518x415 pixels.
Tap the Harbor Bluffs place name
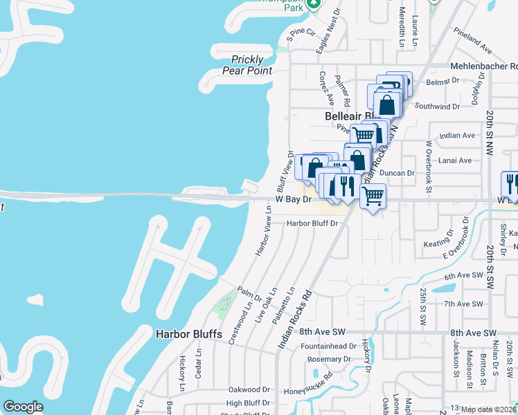(x=189, y=334)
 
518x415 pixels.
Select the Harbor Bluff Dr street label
(x=312, y=223)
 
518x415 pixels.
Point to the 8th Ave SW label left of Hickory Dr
(x=322, y=332)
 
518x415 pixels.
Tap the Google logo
(x=23, y=407)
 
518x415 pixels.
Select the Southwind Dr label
(x=437, y=107)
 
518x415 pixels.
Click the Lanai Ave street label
(x=455, y=160)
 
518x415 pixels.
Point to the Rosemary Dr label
(x=324, y=360)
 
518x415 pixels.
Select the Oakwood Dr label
(x=249, y=390)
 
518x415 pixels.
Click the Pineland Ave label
(x=472, y=41)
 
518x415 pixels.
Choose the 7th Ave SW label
(x=463, y=304)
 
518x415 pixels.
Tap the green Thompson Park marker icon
(x=313, y=4)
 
